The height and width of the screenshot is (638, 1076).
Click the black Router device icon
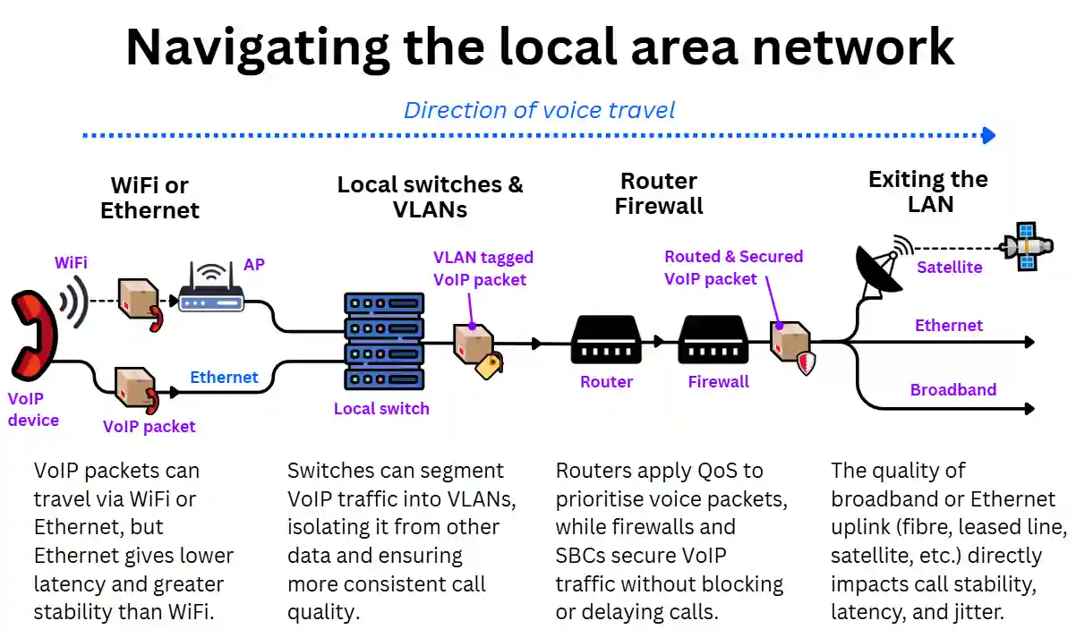[x=606, y=340]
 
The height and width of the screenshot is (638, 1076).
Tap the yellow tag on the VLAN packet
[x=490, y=365]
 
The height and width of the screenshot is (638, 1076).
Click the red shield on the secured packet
[x=805, y=362]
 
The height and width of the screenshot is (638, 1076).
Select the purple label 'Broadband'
[x=952, y=390]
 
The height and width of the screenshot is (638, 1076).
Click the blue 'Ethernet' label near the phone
[x=224, y=378]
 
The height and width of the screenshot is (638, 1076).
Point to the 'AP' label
[x=254, y=266]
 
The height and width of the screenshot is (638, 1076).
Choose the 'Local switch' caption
[x=381, y=409]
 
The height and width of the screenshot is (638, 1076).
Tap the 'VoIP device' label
[x=33, y=409]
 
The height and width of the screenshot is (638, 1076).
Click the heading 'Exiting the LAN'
[x=928, y=191]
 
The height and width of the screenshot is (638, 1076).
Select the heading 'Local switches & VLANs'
[x=430, y=197]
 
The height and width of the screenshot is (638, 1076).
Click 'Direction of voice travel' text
[x=539, y=110]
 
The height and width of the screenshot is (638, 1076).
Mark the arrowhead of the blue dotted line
[x=988, y=136]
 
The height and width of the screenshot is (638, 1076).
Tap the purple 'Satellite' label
[x=949, y=267]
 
